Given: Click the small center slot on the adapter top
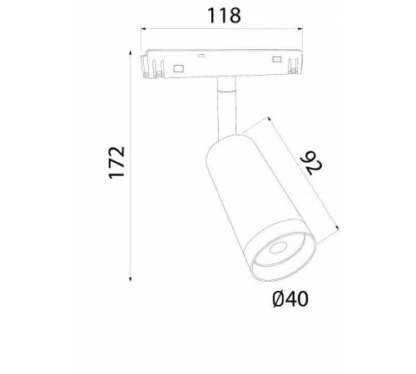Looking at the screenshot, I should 201,56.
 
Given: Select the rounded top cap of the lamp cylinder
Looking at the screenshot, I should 225,141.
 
